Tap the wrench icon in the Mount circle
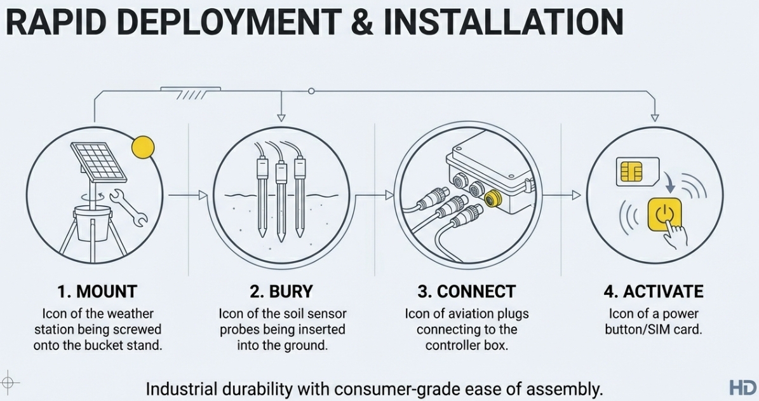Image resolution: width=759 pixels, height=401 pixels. tap(128, 207)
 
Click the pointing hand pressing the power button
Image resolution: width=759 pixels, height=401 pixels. tap(675, 233)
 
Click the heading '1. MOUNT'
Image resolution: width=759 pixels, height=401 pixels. tap(97, 292)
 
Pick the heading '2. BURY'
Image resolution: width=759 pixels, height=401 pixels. tap(281, 292)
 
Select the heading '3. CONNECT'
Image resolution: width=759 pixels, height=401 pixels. tap(467, 292)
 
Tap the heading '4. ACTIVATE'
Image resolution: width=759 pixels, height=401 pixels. tap(654, 292)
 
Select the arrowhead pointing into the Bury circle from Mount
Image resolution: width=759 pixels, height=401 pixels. tap(203, 195)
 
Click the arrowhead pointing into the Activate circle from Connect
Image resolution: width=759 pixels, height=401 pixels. tap(576, 195)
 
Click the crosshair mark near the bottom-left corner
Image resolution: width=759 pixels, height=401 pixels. tap(9, 383)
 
